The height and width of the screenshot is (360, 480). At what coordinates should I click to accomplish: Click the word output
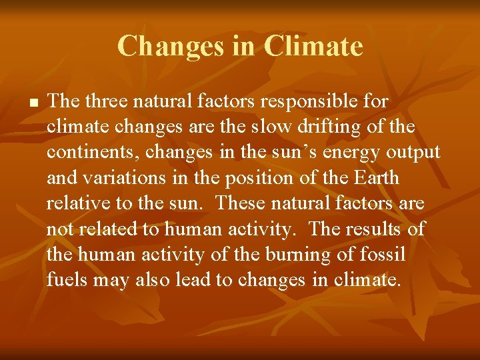(411, 153)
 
